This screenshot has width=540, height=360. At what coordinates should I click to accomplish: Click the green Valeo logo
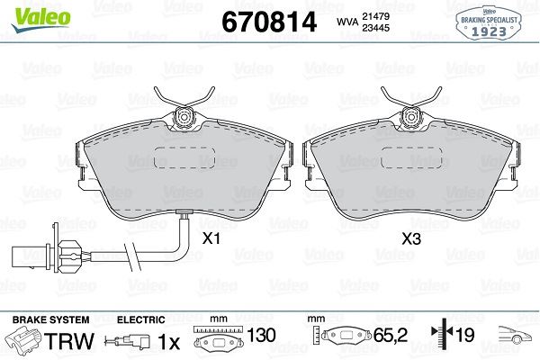[x=40, y=19]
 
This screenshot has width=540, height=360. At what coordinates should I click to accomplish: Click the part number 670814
[x=269, y=22]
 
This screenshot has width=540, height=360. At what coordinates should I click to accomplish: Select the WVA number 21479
[x=375, y=16]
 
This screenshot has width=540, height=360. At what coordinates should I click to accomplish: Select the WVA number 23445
[x=375, y=28]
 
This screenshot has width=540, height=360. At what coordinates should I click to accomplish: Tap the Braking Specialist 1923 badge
[x=489, y=23]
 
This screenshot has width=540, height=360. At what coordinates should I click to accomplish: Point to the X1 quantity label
[x=211, y=238]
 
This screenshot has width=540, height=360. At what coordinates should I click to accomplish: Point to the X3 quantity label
[x=411, y=238]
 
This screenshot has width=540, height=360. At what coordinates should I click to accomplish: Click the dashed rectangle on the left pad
[x=184, y=157]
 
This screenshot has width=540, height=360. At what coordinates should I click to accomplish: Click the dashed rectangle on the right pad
[x=411, y=157]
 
